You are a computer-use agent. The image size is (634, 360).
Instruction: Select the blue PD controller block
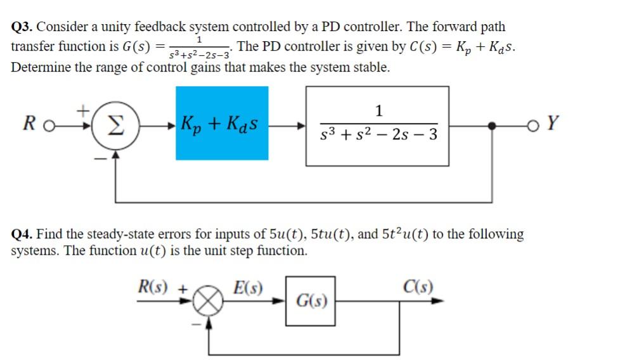coord(221,123)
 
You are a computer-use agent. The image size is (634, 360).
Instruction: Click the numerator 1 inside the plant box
coord(378,112)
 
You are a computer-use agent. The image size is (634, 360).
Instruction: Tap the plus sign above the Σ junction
coord(83,110)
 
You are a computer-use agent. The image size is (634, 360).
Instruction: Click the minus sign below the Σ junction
coord(100,160)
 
